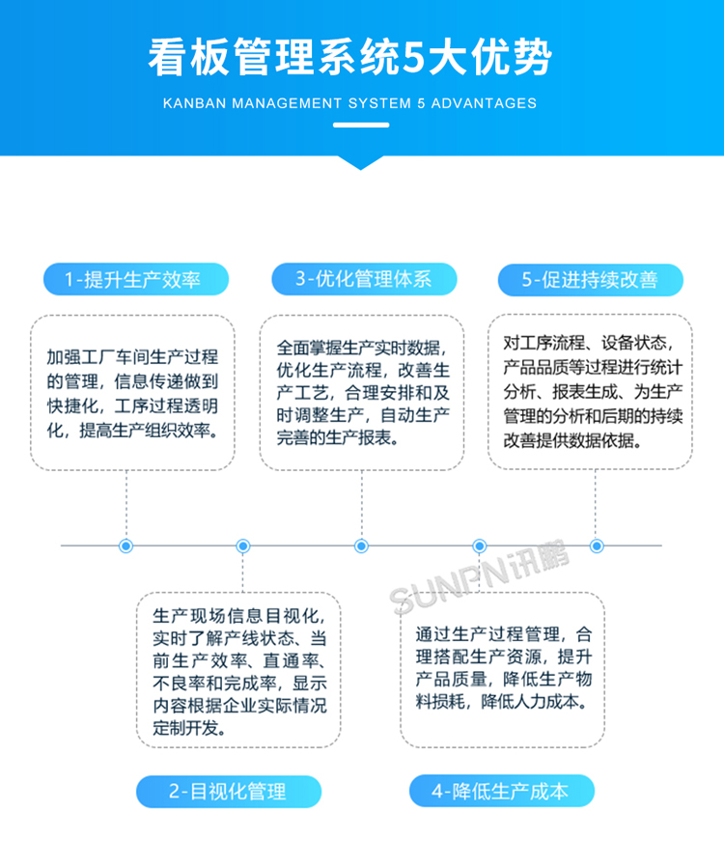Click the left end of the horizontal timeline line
(61, 545)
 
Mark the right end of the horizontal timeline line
(662, 545)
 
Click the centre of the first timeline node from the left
(126, 546)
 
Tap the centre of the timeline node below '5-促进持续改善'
(597, 546)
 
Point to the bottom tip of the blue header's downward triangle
(360, 170)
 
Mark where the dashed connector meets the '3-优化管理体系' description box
(361, 470)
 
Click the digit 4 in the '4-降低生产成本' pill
(437, 792)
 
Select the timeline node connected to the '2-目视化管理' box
(242, 546)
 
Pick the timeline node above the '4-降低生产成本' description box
(480, 546)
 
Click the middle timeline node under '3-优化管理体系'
(361, 546)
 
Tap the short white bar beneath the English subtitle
(361, 125)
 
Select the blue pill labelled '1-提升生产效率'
(136, 279)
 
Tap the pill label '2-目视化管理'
(228, 792)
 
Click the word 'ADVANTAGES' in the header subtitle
(484, 103)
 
